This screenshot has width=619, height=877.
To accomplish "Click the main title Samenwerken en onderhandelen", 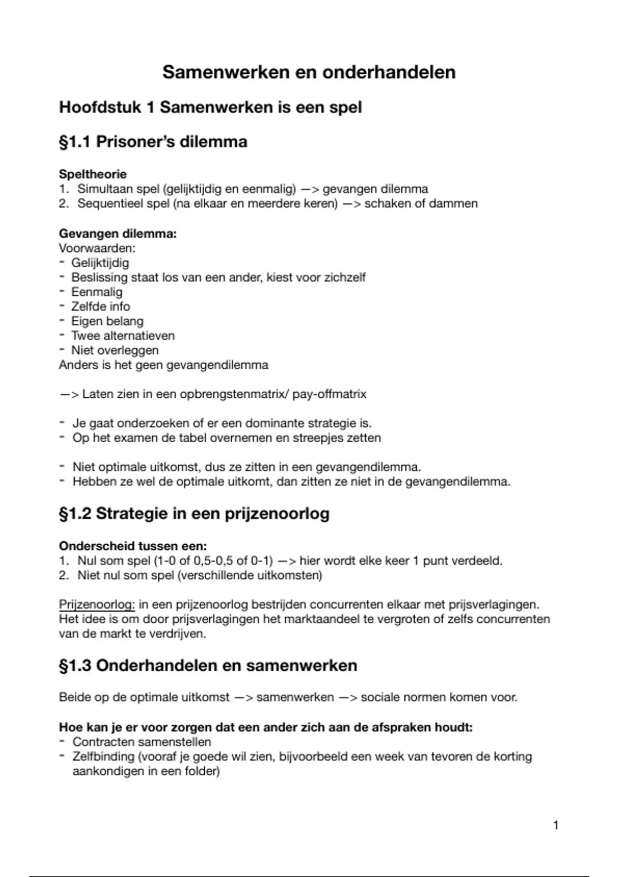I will (x=309, y=72).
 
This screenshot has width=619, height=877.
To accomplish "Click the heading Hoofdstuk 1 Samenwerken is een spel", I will (x=210, y=107).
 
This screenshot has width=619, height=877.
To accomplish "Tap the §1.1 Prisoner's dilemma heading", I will (x=153, y=141).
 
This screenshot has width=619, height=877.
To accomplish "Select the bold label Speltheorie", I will (x=93, y=174).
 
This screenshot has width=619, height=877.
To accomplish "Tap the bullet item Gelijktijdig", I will (x=100, y=263).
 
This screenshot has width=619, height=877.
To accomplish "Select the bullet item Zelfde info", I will (x=101, y=306).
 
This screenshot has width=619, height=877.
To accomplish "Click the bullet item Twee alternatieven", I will (x=123, y=335).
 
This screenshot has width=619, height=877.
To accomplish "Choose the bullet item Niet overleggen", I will (x=115, y=350).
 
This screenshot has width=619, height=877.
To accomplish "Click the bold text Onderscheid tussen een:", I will (x=133, y=546).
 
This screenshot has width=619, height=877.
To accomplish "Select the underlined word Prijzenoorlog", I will (x=96, y=604).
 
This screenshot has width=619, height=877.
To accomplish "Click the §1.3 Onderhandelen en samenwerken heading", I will (x=208, y=665).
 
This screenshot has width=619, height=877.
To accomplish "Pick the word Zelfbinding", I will (x=103, y=757).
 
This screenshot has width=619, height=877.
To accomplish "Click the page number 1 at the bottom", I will (x=556, y=825).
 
